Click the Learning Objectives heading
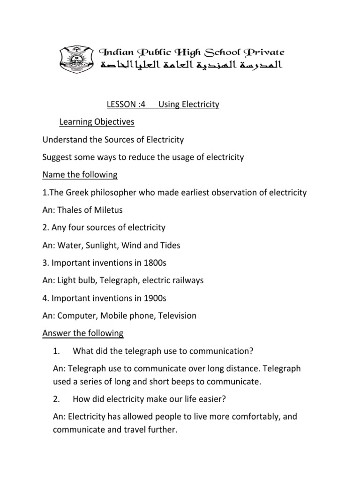point(97,122)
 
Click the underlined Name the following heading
point(80,175)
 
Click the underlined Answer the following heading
point(83,333)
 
